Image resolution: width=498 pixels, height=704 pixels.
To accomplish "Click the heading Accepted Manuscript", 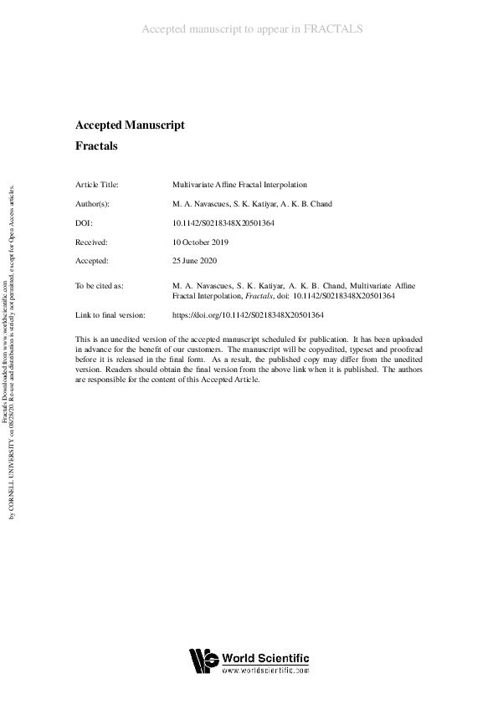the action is pyautogui.click(x=130, y=125).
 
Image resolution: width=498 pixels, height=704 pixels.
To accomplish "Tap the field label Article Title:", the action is pyautogui.click(x=97, y=184).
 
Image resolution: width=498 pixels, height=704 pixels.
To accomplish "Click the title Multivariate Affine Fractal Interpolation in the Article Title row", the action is pyautogui.click(x=239, y=184).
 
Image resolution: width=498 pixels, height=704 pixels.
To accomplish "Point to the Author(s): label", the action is pyautogui.click(x=92, y=203).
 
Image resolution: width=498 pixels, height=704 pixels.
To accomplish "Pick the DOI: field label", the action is pyautogui.click(x=84, y=222).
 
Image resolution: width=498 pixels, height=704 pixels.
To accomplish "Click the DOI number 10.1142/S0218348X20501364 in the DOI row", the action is pyautogui.click(x=223, y=222).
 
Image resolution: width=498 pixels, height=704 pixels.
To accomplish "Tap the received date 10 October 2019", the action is pyautogui.click(x=200, y=242).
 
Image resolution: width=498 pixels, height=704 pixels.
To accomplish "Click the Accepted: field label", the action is pyautogui.click(x=92, y=261).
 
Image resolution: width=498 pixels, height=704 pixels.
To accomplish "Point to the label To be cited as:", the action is pyautogui.click(x=100, y=286).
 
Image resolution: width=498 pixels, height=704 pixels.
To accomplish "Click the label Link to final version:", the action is pyautogui.click(x=110, y=314).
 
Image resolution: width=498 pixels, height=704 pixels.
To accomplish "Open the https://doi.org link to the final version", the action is pyautogui.click(x=247, y=314).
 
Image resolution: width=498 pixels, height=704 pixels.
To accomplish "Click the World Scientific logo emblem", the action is pyautogui.click(x=203, y=661).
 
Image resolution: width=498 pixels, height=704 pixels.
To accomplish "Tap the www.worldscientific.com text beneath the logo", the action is pyautogui.click(x=265, y=671).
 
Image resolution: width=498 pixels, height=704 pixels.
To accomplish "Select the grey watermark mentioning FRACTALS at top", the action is pyautogui.click(x=251, y=30).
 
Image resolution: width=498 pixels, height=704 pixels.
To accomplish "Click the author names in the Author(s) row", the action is pyautogui.click(x=239, y=203).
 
